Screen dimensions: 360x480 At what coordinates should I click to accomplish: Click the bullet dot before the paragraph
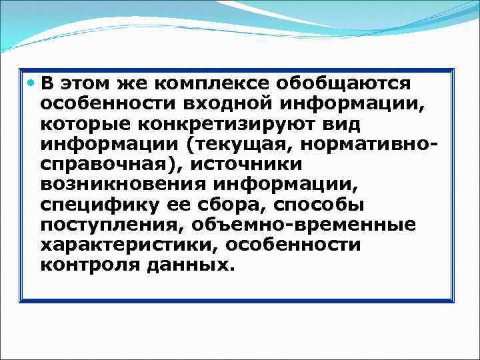[x=32, y=83]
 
